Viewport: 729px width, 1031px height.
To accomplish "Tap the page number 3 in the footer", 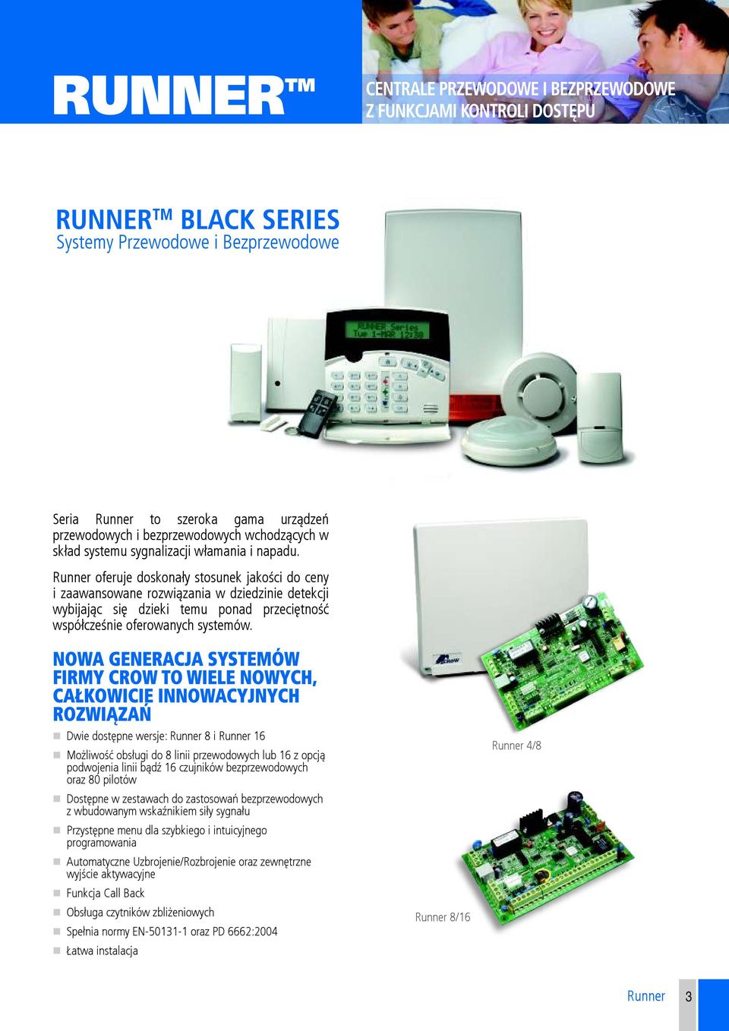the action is (689, 997).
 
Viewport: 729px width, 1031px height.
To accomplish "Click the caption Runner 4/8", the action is (516, 746).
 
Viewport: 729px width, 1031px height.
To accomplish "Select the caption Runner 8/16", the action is (443, 917).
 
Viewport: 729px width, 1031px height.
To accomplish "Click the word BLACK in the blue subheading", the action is (218, 220).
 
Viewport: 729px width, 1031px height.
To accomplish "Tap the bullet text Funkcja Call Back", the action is (106, 893).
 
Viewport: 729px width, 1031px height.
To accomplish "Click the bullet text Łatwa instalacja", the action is (103, 951).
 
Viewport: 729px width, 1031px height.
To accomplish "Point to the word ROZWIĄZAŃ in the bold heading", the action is (103, 714).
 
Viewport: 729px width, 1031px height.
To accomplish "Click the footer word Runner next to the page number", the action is (645, 997).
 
